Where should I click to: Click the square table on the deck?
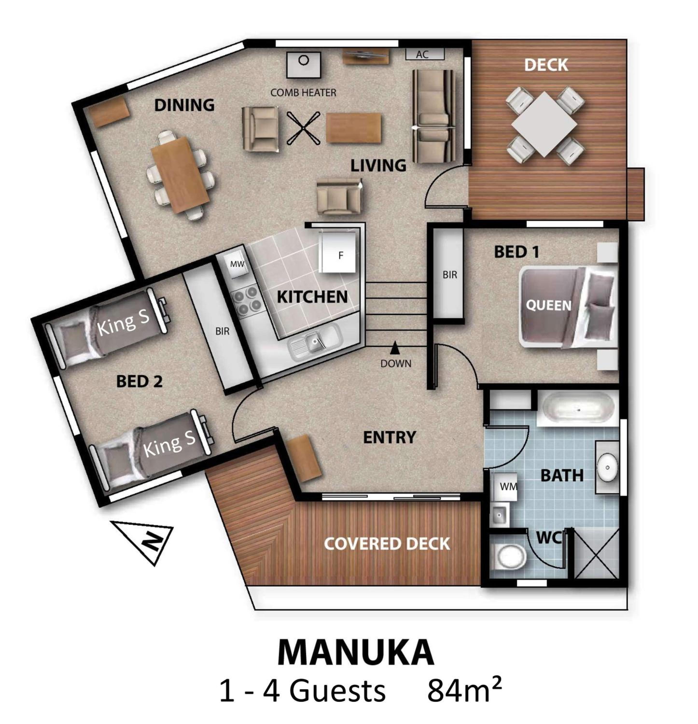point(544,124)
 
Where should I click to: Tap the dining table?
point(181,174)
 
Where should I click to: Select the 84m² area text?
point(464,692)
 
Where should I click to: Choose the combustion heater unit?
point(303,65)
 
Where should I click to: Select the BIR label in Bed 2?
point(222,331)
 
